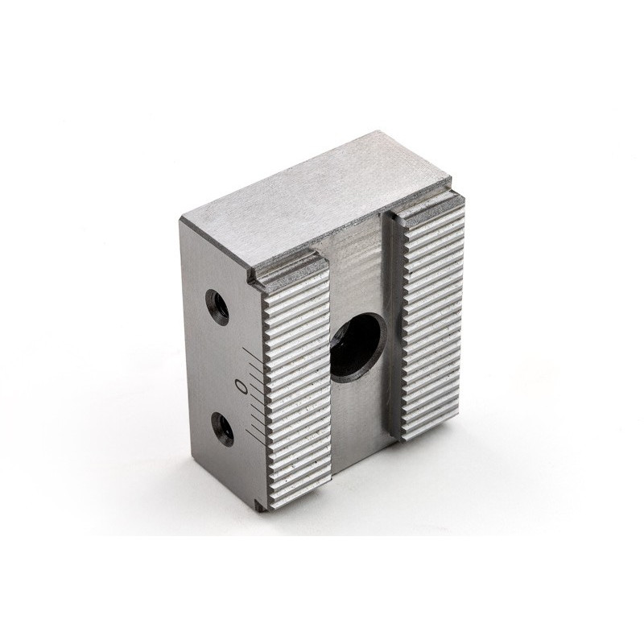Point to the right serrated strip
(x=435, y=322)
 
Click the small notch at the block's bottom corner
(x=259, y=507)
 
